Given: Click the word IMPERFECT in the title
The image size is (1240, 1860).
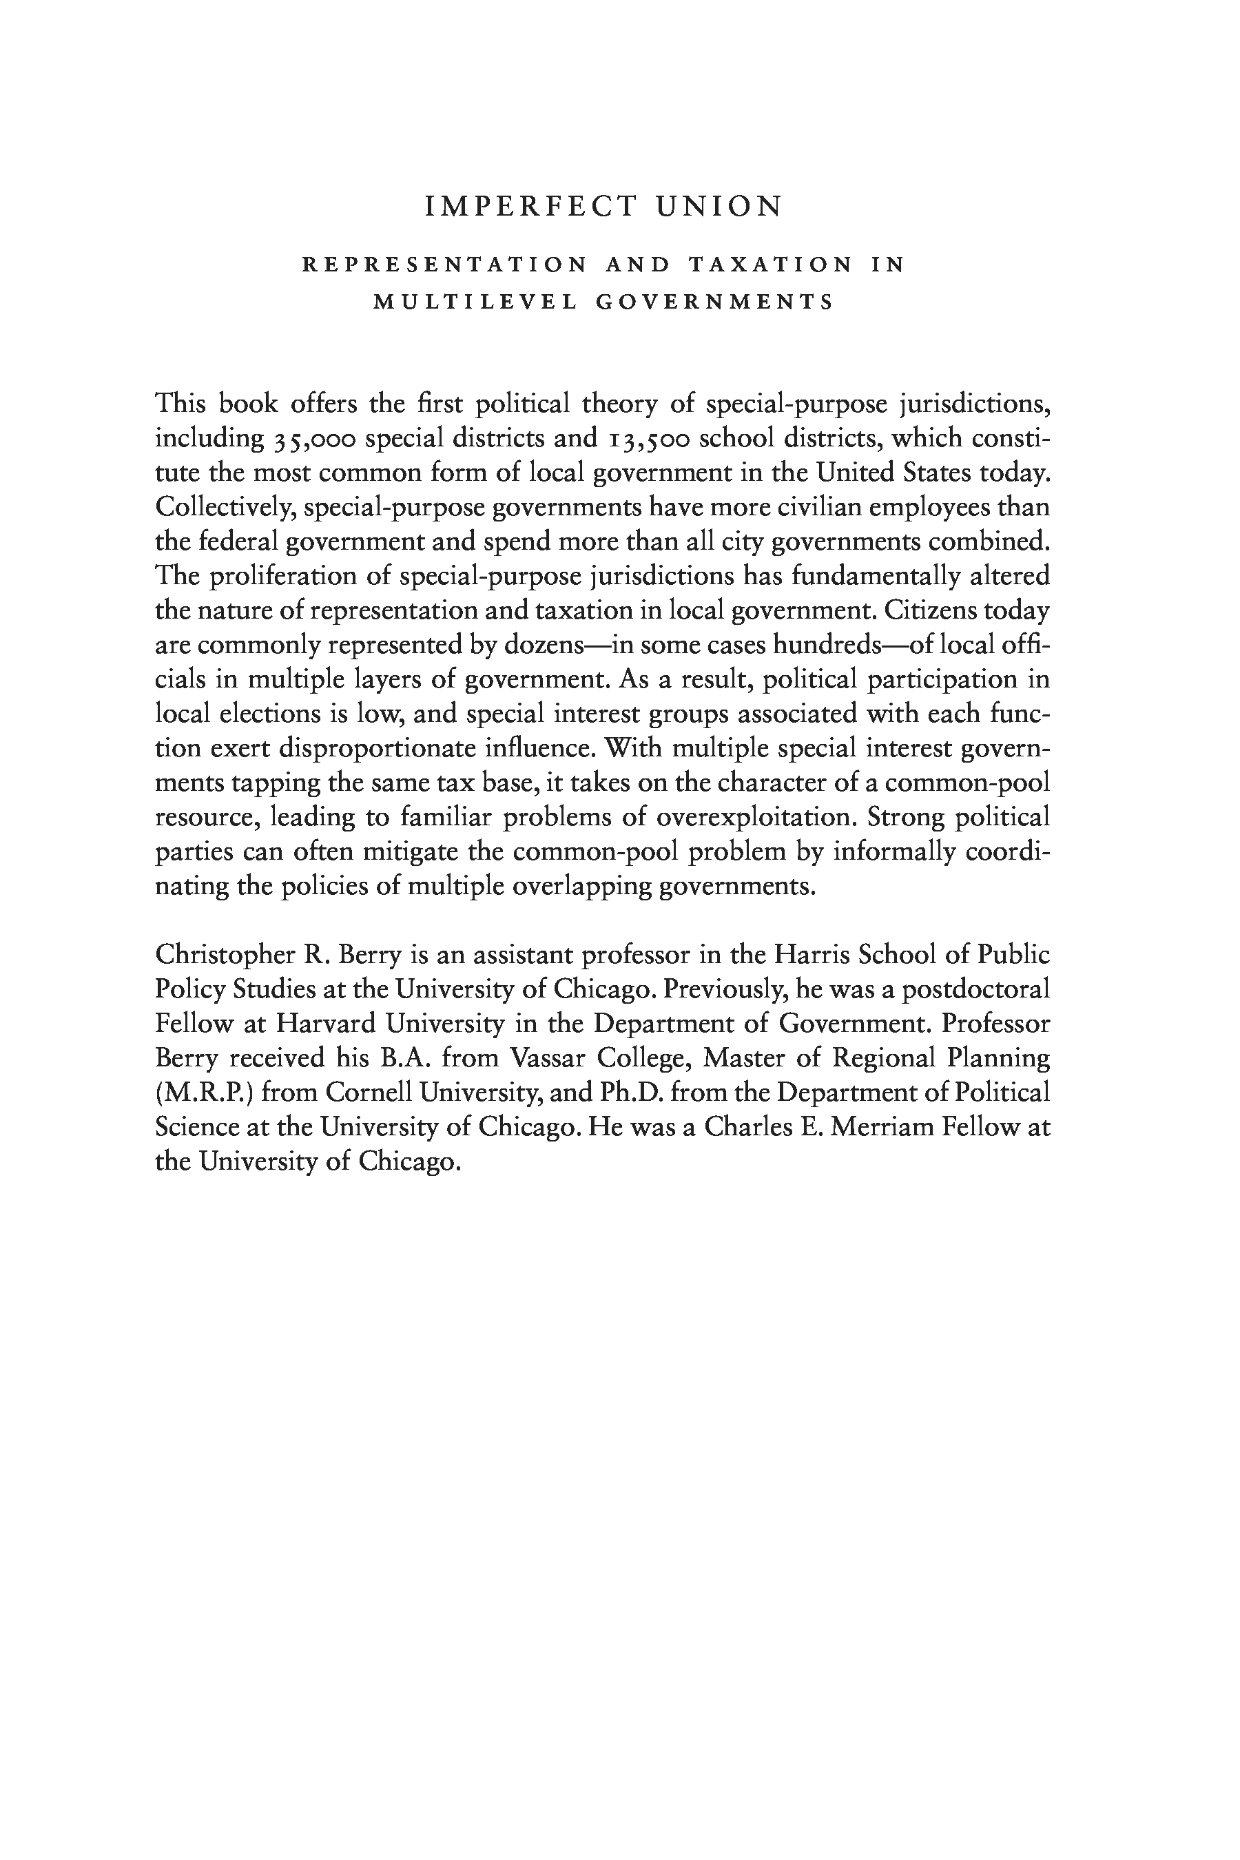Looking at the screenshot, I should click(530, 207).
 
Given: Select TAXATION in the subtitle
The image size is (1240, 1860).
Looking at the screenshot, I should click(770, 265).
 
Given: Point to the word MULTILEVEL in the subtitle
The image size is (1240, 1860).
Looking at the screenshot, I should click(475, 303).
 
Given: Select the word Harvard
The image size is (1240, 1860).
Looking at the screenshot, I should click(326, 1024).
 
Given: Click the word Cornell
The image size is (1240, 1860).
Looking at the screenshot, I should click(366, 1093).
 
